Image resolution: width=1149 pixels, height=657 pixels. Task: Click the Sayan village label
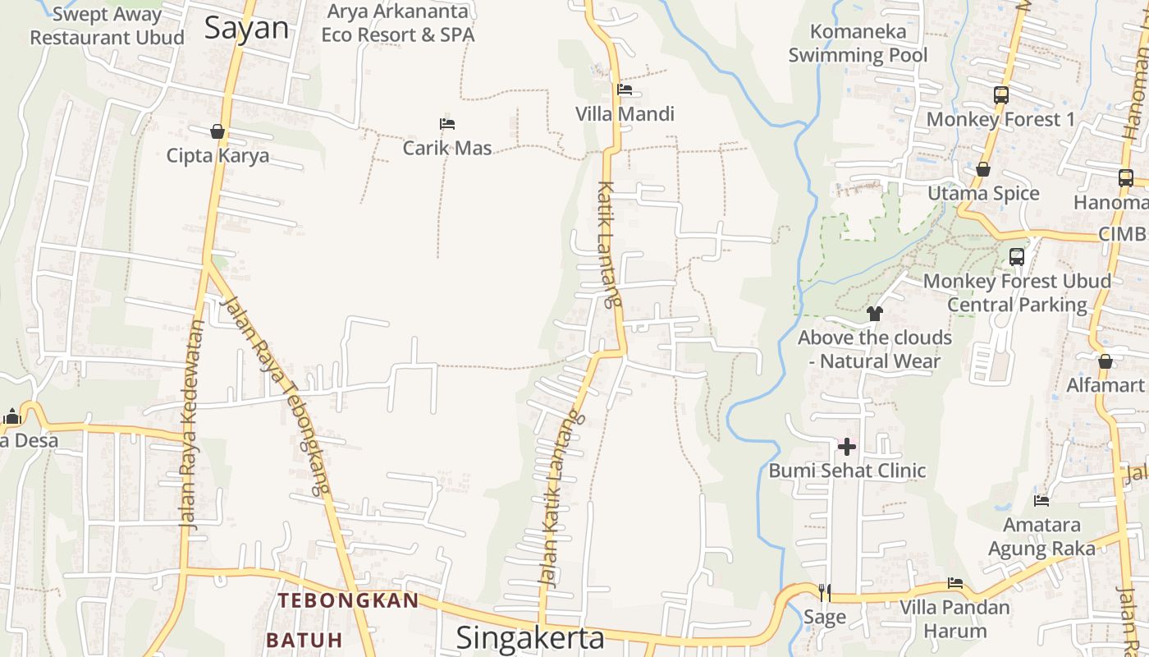[247, 29]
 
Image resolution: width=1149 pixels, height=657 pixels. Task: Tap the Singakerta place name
[530, 637]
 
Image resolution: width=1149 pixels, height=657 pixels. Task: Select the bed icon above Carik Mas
[447, 124]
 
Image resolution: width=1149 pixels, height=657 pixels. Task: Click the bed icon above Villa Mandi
[625, 90]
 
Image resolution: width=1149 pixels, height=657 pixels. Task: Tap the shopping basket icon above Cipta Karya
[217, 131]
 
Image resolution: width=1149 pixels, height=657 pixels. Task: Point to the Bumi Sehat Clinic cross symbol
[847, 448]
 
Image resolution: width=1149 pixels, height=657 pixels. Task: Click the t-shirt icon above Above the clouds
[875, 313]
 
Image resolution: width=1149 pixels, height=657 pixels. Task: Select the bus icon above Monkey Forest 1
[1000, 95]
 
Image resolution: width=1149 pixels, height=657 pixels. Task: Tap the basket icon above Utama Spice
[983, 170]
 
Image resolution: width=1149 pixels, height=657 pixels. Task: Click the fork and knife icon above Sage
[825, 591]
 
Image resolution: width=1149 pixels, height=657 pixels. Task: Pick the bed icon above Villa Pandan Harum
[955, 583]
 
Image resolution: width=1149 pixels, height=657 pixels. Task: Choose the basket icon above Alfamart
[1105, 361]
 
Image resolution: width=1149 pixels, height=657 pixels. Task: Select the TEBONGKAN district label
[349, 600]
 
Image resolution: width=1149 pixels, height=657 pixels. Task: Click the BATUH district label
[304, 640]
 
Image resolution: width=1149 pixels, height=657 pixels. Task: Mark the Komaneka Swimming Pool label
[858, 44]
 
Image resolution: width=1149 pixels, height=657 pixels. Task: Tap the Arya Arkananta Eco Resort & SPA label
[398, 23]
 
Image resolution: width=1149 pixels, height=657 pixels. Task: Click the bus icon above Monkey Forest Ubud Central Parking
[1017, 257]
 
